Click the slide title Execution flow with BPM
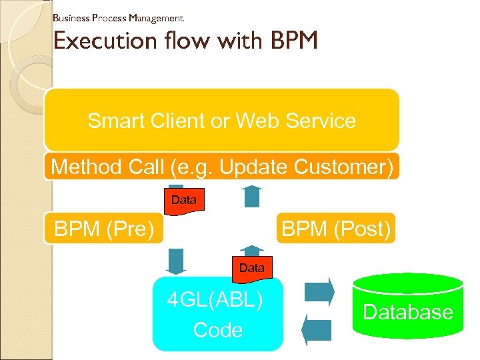[185, 41]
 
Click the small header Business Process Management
[118, 18]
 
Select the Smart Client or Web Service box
[221, 120]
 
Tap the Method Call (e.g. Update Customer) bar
[221, 166]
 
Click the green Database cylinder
[407, 305]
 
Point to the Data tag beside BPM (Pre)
[183, 200]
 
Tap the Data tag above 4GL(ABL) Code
[251, 268]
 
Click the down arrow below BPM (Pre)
[176, 261]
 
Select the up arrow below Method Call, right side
[252, 197]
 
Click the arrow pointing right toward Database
[319, 291]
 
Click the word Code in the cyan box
[217, 330]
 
